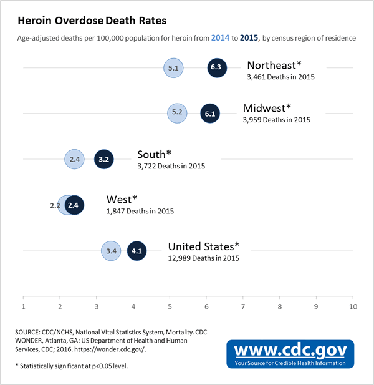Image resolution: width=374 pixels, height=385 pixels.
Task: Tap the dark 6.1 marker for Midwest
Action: (209, 114)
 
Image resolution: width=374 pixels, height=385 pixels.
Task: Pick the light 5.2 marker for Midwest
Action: (176, 114)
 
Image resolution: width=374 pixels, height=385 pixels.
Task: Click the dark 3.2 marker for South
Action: (103, 160)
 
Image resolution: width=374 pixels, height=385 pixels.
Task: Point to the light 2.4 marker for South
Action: (74, 160)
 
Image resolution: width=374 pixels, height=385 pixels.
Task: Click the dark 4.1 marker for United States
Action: (137, 251)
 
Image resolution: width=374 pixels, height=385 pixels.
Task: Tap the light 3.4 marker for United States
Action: (111, 251)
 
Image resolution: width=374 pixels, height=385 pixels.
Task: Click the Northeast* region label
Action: (274, 66)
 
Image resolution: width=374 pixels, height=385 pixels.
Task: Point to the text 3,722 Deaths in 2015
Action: (171, 167)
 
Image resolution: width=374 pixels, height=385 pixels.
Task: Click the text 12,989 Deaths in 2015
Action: (203, 258)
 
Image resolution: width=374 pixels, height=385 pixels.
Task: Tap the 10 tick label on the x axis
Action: (353, 307)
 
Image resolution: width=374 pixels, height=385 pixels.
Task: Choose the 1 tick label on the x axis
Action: (23, 307)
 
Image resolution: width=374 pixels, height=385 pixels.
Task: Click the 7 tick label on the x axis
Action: (243, 307)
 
